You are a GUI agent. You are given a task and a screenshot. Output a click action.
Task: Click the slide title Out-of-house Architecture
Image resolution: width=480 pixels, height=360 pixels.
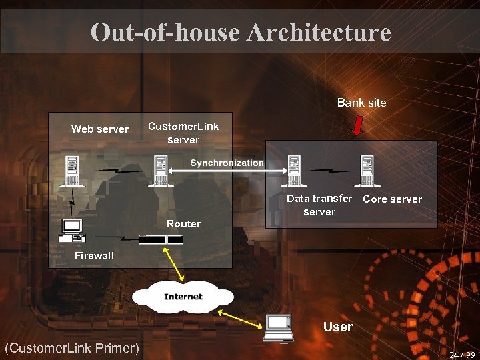(240, 31)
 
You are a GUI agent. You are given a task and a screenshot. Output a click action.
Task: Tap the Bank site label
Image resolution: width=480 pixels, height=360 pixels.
(361, 103)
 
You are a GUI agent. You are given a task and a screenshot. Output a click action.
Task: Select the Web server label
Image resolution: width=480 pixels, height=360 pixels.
(100, 129)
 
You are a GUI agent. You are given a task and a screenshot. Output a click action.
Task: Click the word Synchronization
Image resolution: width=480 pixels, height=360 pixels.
(227, 163)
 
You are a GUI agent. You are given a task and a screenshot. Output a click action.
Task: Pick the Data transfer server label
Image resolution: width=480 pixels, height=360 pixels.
(319, 205)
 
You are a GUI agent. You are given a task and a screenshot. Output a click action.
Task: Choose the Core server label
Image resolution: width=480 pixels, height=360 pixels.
(392, 199)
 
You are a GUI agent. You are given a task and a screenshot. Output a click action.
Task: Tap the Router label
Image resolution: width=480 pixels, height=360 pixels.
(183, 224)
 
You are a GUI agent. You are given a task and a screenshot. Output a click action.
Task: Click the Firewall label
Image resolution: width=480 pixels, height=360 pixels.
(94, 256)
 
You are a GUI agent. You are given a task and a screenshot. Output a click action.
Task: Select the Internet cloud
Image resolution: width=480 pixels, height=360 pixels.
(183, 297)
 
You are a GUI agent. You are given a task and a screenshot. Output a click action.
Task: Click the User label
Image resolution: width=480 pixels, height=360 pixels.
(337, 327)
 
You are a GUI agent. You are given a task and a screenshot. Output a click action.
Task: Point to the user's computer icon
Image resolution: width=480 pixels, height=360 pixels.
(279, 327)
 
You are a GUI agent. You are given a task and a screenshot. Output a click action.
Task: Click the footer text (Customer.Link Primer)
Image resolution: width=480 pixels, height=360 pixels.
(71, 347)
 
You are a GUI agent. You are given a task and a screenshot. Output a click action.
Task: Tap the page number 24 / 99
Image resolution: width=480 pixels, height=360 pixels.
(462, 355)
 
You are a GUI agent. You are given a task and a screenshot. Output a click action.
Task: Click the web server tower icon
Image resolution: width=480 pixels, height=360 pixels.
(71, 171)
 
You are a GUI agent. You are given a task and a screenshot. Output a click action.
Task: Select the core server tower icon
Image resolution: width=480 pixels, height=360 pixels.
(366, 171)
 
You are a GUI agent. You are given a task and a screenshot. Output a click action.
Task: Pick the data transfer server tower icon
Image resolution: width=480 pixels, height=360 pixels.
(294, 171)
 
